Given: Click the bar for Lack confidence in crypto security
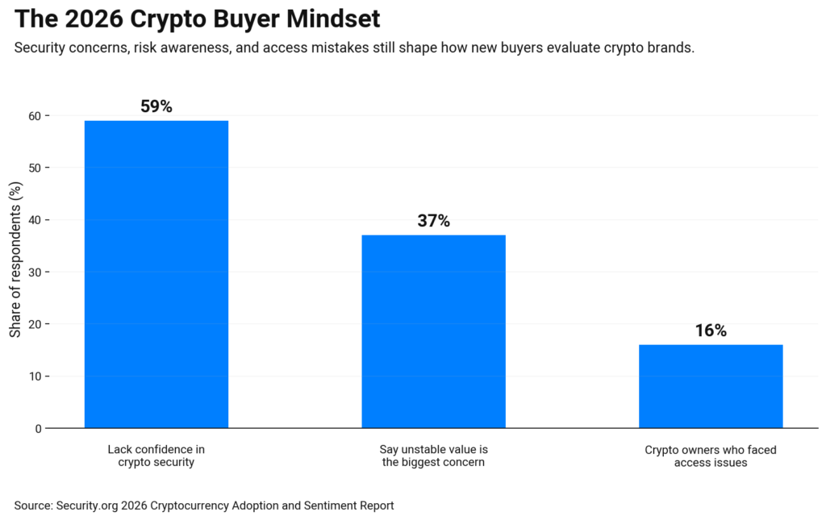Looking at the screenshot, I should [156, 274].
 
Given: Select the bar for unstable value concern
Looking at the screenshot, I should [433, 331].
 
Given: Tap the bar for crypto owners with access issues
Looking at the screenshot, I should [711, 386].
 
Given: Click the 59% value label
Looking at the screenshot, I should [156, 106].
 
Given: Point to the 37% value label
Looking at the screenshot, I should [433, 221].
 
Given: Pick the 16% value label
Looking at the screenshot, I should [711, 331].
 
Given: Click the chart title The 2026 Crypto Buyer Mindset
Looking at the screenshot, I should [198, 19].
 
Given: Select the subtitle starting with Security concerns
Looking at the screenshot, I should [354, 48].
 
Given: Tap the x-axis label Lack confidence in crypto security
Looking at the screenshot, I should [156, 456].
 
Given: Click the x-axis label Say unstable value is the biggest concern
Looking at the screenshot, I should [433, 456].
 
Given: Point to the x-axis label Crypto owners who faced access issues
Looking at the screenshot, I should [711, 456].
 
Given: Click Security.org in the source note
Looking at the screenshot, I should [87, 505].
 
